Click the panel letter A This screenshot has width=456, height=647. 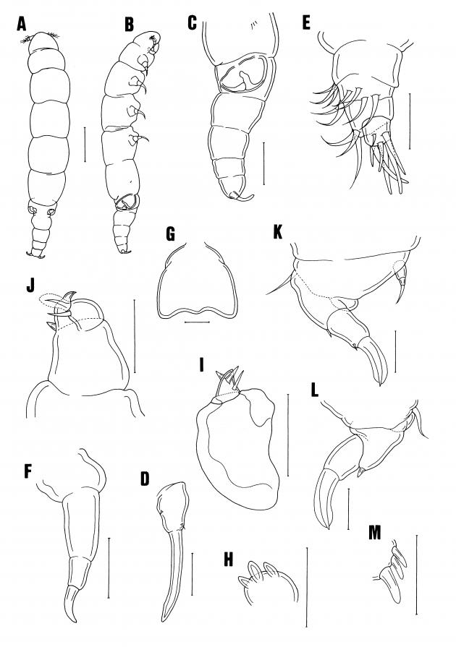tap(22, 25)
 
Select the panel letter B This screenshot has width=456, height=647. tap(130, 25)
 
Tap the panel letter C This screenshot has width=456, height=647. tap(192, 23)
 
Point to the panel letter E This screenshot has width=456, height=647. tap(306, 23)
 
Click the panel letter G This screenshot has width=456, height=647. tap(170, 235)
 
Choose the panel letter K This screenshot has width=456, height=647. tap(277, 232)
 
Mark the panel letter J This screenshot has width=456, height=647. tap(30, 286)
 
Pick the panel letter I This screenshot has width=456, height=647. tap(201, 365)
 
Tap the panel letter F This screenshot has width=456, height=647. tap(28, 471)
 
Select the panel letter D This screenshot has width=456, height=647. tap(145, 479)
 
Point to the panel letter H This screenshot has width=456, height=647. tap(229, 560)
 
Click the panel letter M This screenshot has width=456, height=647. tap(374, 533)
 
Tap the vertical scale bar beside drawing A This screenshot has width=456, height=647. tap(85, 145)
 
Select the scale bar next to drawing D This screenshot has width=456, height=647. tap(192, 573)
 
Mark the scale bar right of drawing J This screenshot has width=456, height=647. tap(135, 336)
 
